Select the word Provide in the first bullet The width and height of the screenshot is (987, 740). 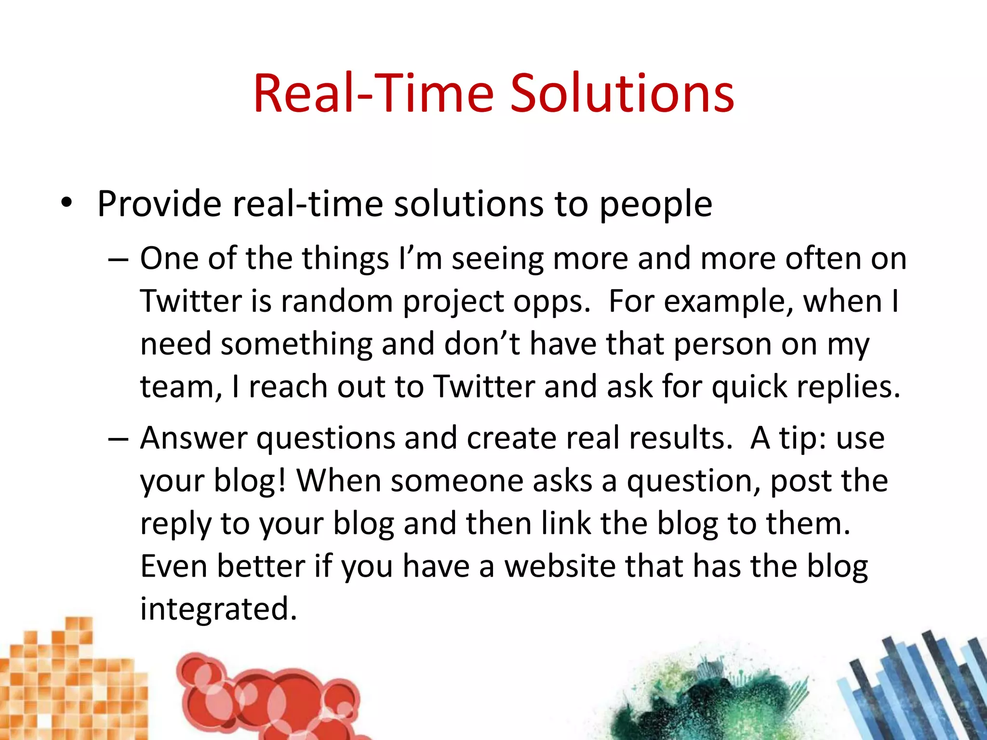(x=159, y=204)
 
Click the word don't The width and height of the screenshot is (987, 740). (x=481, y=344)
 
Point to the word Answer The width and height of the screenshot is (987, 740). (x=194, y=438)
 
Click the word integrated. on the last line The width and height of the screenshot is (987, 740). (x=218, y=609)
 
